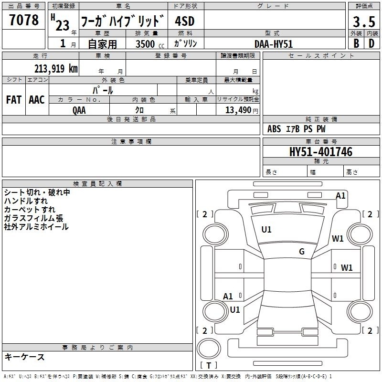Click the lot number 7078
click(24, 20)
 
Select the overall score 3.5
click(364, 21)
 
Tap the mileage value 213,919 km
click(56, 68)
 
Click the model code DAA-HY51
click(273, 44)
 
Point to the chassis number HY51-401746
click(321, 151)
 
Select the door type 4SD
click(185, 21)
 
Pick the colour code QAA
click(79, 110)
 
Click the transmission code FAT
click(14, 100)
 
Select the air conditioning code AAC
click(37, 100)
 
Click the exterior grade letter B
click(356, 43)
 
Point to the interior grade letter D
click(371, 43)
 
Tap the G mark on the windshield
click(302, 252)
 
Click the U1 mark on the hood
click(266, 230)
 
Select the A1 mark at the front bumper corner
click(340, 196)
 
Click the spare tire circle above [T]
click(209, 349)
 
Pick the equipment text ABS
click(274, 129)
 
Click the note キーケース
click(25, 357)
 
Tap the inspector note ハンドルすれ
click(26, 201)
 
